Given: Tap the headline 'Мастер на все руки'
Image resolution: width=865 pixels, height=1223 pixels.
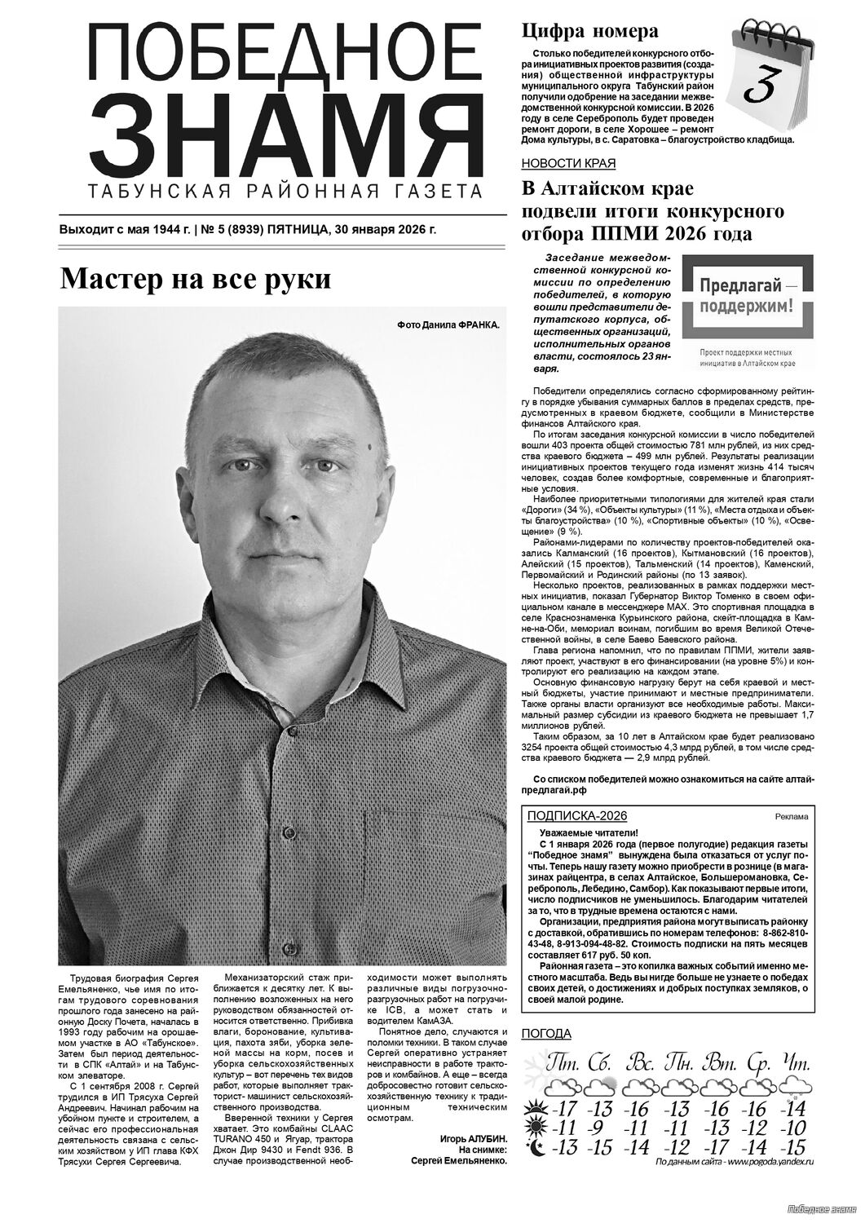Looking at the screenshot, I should tap(196, 279).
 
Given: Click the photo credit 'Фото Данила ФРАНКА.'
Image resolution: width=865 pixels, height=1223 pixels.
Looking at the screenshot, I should tap(448, 325).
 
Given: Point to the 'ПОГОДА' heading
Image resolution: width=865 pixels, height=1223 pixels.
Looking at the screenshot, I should tap(545, 1035).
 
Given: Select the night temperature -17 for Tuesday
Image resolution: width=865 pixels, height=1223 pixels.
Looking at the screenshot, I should tap(716, 1147).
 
